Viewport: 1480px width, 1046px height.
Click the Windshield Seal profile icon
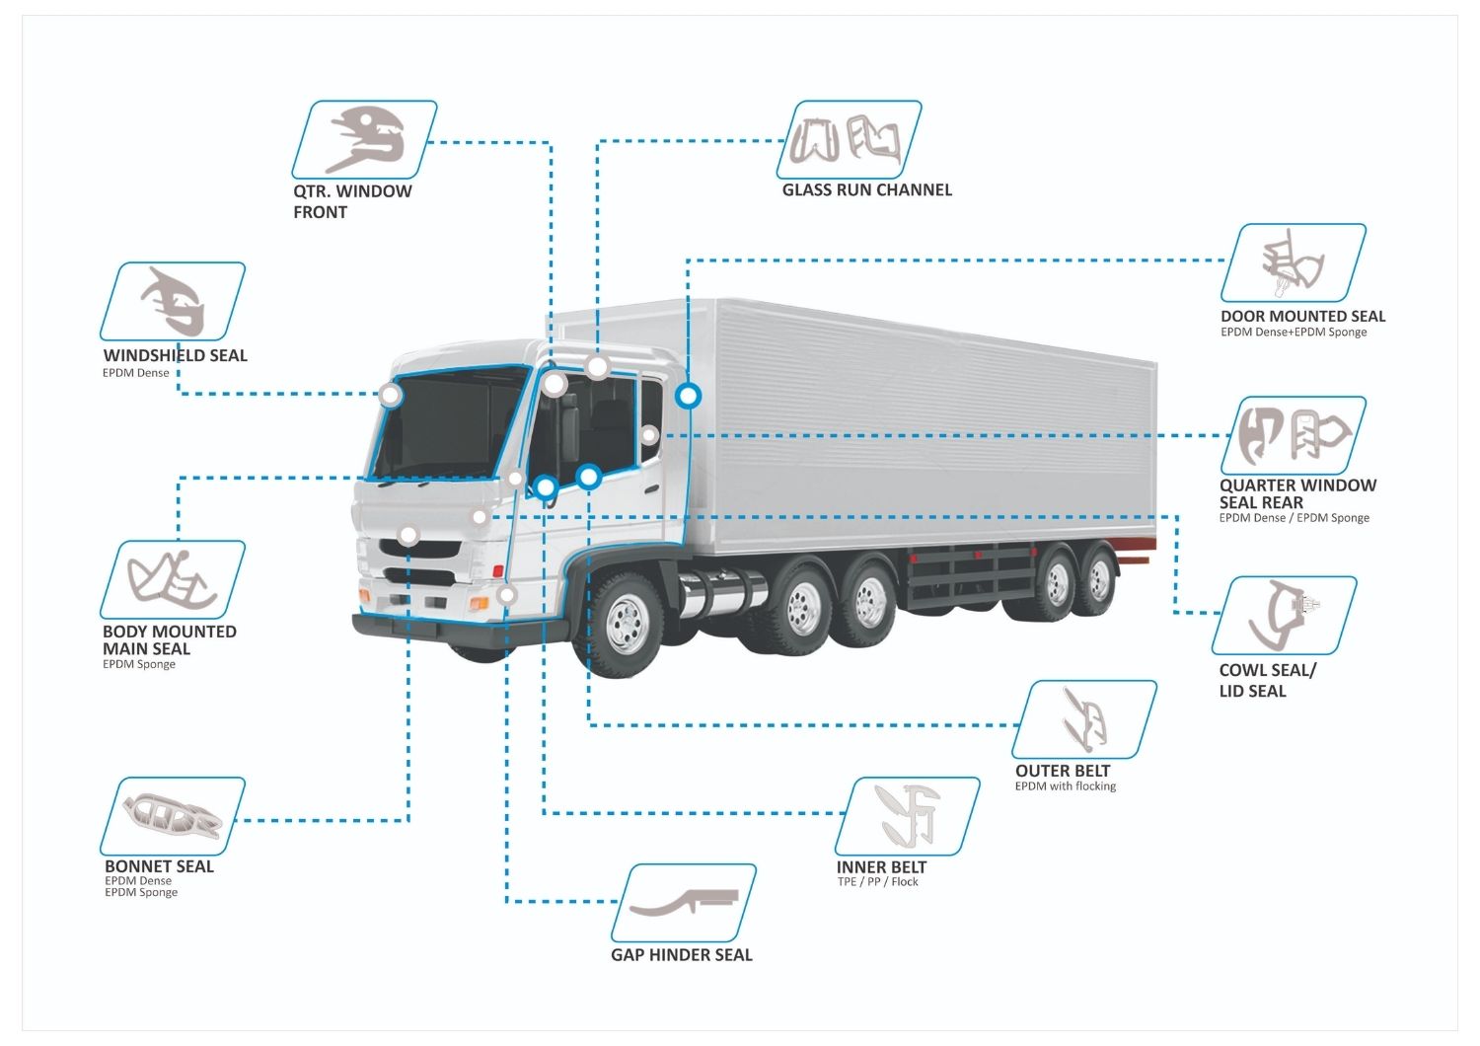tap(173, 301)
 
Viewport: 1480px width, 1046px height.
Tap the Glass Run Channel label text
tap(866, 189)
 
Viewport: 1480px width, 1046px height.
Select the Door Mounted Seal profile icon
tap(1293, 262)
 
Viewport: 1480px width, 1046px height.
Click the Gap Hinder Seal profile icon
tap(684, 902)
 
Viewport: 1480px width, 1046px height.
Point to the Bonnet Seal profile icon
tap(173, 815)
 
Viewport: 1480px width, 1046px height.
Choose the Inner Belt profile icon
tap(907, 815)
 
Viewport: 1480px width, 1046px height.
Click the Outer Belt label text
tap(1062, 771)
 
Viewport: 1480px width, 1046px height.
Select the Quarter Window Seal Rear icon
tap(1294, 435)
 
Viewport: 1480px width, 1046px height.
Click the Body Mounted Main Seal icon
tap(173, 579)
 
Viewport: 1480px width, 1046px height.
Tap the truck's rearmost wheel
tap(1097, 582)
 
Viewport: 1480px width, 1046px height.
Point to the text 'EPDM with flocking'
tap(1065, 786)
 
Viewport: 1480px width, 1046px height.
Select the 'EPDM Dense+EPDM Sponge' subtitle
tap(1293, 333)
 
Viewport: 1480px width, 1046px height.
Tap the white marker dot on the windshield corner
tap(391, 396)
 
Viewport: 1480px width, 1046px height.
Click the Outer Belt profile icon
tap(1083, 718)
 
